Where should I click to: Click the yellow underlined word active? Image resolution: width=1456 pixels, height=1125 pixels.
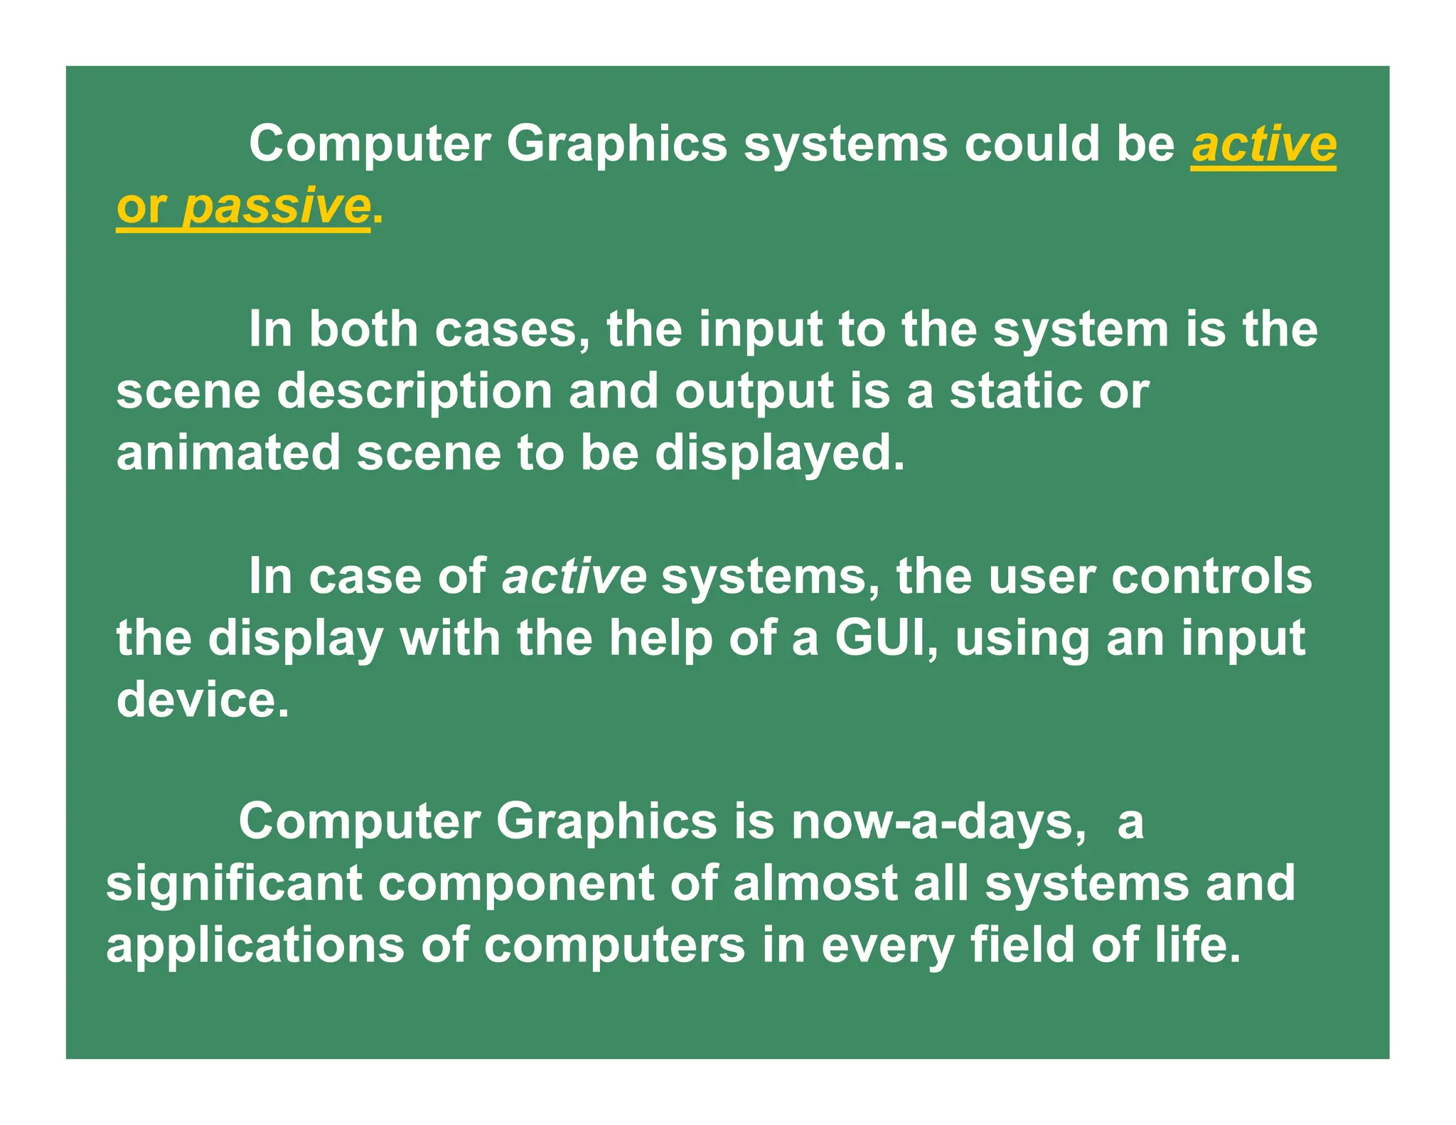pos(1263,144)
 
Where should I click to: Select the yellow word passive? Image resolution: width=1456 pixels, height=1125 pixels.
pos(276,207)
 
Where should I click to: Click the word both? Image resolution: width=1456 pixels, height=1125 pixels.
pos(363,330)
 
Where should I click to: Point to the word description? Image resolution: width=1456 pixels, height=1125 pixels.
pos(414,393)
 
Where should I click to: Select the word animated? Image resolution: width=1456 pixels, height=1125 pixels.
pos(228,454)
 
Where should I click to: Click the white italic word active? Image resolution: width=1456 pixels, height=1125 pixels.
pos(574,577)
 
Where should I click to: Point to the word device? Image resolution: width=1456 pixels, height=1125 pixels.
pos(203,700)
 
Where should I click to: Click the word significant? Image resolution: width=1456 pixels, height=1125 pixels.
pos(234,885)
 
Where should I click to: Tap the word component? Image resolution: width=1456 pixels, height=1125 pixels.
pos(515,885)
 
